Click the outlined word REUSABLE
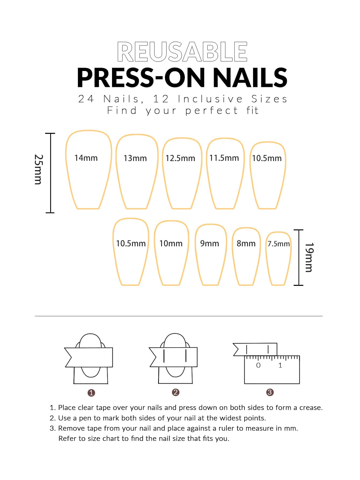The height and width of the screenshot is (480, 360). tap(182, 52)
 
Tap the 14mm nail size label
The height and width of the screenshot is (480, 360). tap(86, 158)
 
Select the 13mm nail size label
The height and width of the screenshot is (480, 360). tap(135, 158)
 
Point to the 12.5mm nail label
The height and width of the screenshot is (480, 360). tap(180, 158)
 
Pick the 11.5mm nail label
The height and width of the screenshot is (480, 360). tap(224, 158)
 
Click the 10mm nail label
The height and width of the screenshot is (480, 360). tap(171, 243)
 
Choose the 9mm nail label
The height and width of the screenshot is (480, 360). tap(210, 243)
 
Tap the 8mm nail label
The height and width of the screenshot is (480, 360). tap(246, 243)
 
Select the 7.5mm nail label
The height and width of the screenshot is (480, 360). tap(279, 244)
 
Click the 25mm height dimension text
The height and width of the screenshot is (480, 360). tap(38, 169)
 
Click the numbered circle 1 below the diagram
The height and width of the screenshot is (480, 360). tap(91, 393)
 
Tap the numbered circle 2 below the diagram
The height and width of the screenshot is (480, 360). tap(176, 392)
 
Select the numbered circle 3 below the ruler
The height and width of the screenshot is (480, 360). tap(270, 392)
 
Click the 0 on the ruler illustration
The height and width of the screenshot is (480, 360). tap(258, 365)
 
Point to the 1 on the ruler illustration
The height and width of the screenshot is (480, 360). tap(280, 365)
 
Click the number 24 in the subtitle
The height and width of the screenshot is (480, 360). tap(86, 99)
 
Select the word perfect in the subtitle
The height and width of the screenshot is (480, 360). tap(211, 111)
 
